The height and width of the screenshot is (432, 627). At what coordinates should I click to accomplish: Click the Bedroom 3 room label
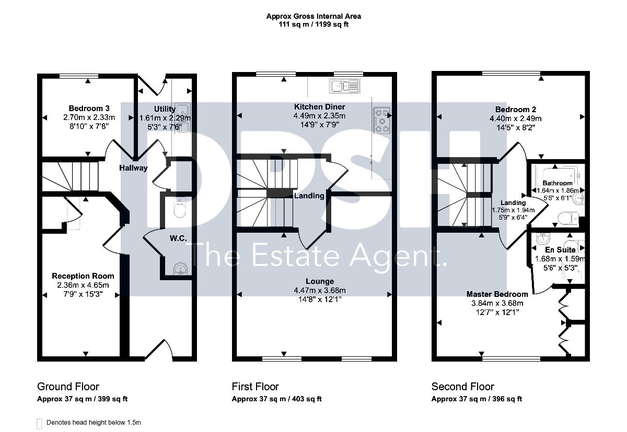(89, 109)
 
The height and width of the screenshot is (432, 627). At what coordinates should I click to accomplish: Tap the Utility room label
(165, 109)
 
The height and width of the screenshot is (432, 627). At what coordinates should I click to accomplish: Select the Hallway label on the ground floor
(133, 168)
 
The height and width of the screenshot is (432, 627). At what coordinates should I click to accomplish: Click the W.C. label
(178, 238)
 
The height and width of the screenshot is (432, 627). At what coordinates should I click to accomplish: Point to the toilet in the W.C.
(180, 208)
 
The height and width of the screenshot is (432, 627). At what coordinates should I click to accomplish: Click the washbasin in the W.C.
(181, 269)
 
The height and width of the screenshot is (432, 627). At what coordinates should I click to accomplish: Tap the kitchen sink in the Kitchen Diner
(344, 86)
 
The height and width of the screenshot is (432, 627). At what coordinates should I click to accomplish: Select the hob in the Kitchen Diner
(382, 121)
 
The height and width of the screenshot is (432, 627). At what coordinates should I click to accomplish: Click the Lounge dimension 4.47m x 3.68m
(320, 291)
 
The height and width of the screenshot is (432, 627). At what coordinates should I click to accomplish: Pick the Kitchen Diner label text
(319, 107)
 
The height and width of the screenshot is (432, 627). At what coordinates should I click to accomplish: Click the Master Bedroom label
(497, 294)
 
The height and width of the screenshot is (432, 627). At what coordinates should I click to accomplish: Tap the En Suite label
(560, 250)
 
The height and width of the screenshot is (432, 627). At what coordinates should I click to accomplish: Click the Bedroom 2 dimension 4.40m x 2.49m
(515, 119)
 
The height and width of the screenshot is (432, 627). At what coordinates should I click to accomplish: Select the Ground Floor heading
(68, 387)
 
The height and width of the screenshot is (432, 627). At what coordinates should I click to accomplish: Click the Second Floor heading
(463, 387)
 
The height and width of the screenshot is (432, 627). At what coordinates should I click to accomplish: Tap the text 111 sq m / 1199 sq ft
(313, 25)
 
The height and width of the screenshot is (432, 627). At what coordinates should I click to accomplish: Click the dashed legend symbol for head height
(40, 424)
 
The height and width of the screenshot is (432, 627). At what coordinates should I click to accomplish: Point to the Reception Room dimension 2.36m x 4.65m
(83, 285)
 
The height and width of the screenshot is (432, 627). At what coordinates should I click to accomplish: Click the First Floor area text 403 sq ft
(307, 399)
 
